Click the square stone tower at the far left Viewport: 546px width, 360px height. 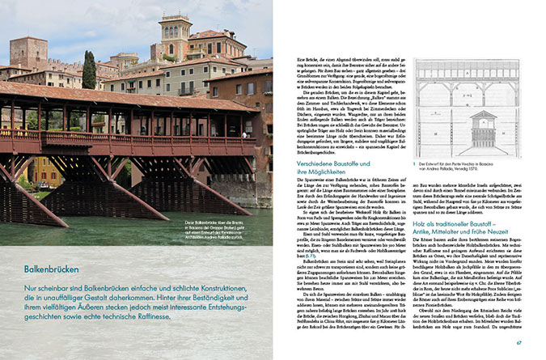coord(28,52)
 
